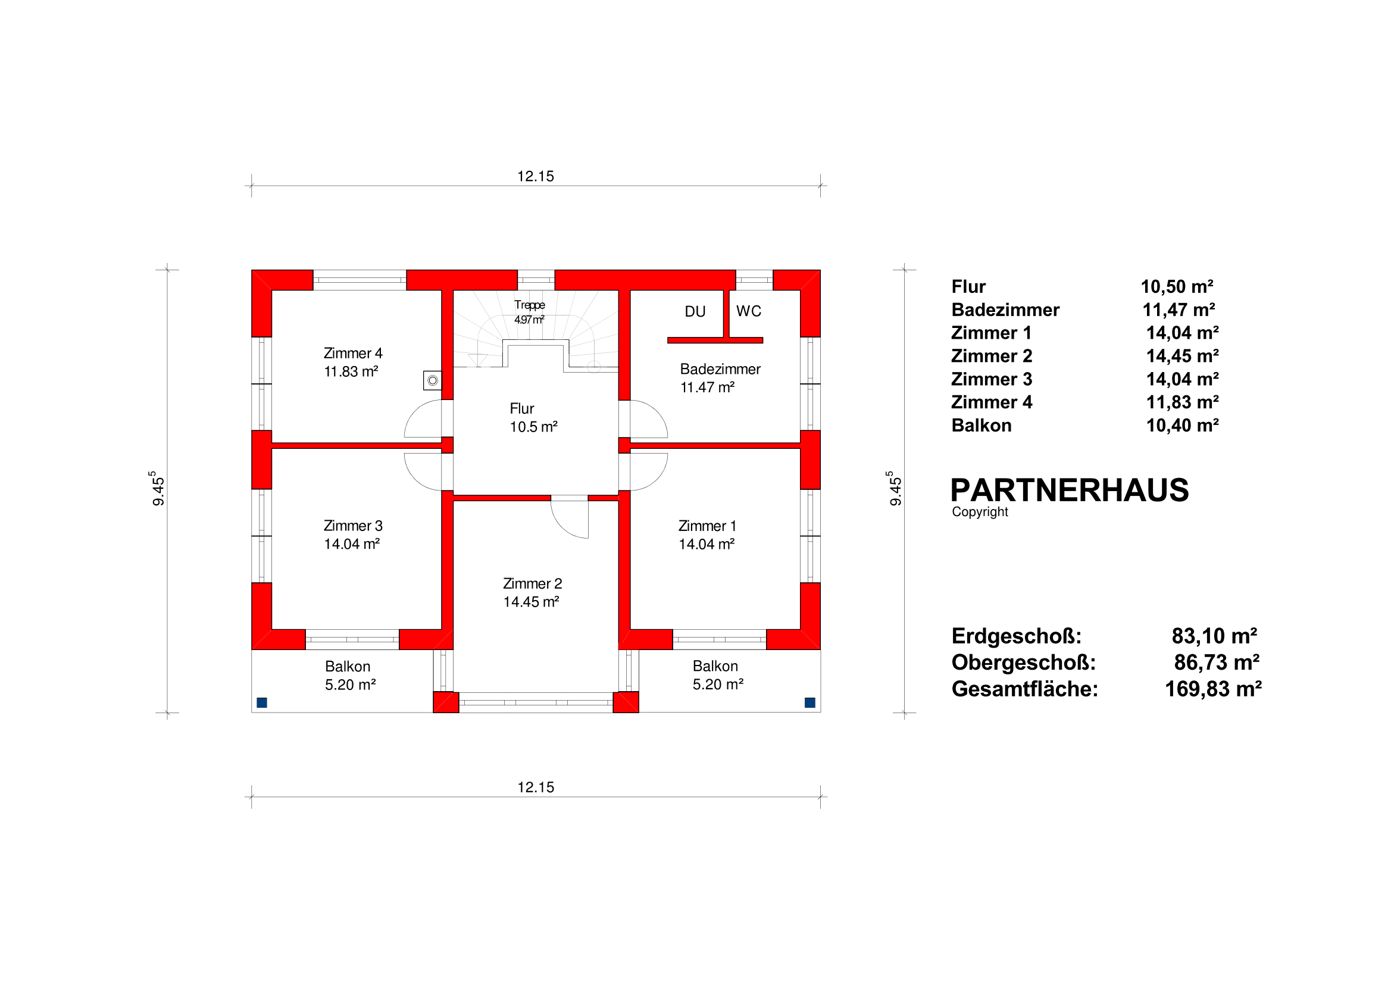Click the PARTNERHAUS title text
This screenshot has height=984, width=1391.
[1070, 490]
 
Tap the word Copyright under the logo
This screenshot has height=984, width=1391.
[980, 512]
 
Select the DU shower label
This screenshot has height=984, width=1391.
[695, 311]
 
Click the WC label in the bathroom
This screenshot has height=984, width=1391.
[748, 311]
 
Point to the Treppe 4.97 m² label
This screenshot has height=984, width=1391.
[530, 312]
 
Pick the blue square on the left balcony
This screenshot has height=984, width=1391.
[262, 703]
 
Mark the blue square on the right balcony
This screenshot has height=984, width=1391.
[809, 703]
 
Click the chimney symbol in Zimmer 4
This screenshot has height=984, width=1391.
[433, 380]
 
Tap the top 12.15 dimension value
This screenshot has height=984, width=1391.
[536, 176]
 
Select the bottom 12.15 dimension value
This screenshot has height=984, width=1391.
[536, 787]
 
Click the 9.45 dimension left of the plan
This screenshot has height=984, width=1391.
[158, 488]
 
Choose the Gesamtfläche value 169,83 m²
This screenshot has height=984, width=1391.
[1213, 689]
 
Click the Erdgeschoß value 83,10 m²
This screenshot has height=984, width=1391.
[1214, 636]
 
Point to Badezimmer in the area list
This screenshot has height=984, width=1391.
[1006, 310]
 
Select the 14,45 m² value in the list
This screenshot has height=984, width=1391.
[1182, 355]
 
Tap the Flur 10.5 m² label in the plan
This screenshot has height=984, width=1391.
[533, 417]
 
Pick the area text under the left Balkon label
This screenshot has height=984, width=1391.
[350, 685]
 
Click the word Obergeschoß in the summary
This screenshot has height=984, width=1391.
[1024, 663]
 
